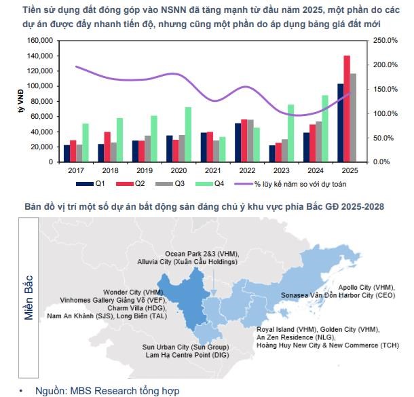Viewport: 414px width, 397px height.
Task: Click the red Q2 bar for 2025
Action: click(x=347, y=109)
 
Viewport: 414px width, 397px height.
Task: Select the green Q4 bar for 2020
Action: click(x=188, y=134)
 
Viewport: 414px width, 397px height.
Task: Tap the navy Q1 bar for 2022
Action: click(x=238, y=143)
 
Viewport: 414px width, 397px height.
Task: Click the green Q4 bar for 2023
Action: click(x=290, y=133)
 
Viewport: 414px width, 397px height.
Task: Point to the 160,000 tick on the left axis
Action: click(x=39, y=41)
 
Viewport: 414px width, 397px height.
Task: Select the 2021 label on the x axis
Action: click(x=213, y=171)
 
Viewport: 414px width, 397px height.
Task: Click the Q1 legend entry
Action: click(x=94, y=184)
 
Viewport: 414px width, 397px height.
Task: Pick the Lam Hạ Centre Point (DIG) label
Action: click(x=185, y=356)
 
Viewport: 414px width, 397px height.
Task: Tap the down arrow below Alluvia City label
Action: click(x=214, y=282)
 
